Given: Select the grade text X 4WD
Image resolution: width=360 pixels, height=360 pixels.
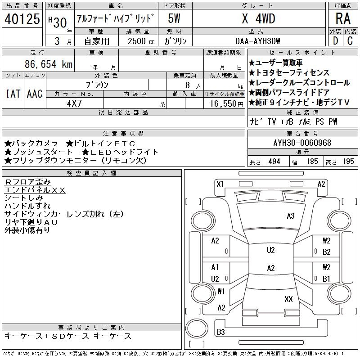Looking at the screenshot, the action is pyautogui.click(x=258, y=19).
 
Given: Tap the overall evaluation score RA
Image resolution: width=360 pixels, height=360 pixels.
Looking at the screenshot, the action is pyautogui.click(x=342, y=19).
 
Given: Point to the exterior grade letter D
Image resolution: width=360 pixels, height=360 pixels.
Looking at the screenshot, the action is pyautogui.click(x=335, y=40).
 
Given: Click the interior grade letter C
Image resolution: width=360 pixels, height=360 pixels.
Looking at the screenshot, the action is pyautogui.click(x=350, y=40).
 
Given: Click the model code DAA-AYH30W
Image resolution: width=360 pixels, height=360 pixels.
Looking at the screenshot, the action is pyautogui.click(x=258, y=41).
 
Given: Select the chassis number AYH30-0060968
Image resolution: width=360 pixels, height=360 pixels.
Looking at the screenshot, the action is pyautogui.click(x=302, y=143).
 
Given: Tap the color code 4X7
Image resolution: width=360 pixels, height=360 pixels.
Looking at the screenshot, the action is pyautogui.click(x=73, y=103).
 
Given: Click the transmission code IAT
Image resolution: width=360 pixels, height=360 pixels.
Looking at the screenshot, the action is pyautogui.click(x=13, y=94).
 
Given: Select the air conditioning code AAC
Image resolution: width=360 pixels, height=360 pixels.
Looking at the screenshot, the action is pyautogui.click(x=35, y=94).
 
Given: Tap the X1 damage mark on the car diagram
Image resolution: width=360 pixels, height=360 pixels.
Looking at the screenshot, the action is pyautogui.click(x=220, y=184).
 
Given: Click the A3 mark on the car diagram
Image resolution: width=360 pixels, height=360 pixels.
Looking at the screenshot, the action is pyautogui.click(x=291, y=216).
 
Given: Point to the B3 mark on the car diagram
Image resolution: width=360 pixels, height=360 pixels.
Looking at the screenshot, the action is pyautogui.click(x=220, y=332).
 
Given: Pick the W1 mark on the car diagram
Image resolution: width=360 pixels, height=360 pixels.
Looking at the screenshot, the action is pyautogui.click(x=220, y=291).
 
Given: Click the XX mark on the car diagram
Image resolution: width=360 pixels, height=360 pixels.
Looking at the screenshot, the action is pyautogui.click(x=289, y=299).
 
